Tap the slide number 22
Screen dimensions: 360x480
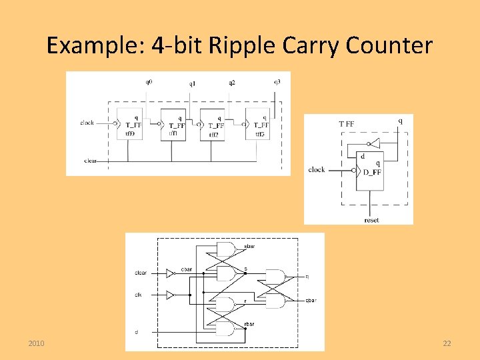point(447,343)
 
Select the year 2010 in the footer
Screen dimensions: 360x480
point(37,343)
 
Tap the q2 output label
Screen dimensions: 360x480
point(231,83)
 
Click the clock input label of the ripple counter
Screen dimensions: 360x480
point(87,123)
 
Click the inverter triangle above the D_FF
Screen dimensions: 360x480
point(375,143)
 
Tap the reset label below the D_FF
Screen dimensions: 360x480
point(371,219)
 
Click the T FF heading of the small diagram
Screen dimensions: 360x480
point(347,123)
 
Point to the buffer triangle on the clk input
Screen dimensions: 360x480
point(171,294)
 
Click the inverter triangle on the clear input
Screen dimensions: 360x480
point(171,273)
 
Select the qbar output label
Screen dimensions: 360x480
point(311,301)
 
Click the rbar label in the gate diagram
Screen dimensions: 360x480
point(250,325)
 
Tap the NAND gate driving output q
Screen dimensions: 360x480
point(275,277)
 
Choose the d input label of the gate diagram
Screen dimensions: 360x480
point(137,331)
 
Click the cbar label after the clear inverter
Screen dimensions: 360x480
point(187,269)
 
